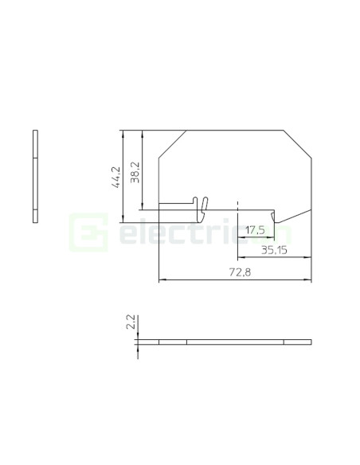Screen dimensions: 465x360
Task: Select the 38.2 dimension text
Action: coord(135,171)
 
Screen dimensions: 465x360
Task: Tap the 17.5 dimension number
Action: coord(255,230)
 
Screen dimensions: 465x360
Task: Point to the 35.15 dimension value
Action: coord(274,250)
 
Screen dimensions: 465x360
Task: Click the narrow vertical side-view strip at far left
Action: coord(35,175)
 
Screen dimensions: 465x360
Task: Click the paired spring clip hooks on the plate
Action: coord(201,206)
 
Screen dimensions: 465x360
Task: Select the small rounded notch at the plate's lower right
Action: coord(275,217)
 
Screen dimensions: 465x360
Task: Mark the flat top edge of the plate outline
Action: coord(235,130)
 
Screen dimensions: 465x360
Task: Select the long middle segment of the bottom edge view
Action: coord(235,342)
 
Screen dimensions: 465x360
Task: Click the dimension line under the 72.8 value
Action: coord(235,279)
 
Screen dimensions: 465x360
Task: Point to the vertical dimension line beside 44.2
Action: coord(122,176)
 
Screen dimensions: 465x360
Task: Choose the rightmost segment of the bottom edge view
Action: coord(297,342)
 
